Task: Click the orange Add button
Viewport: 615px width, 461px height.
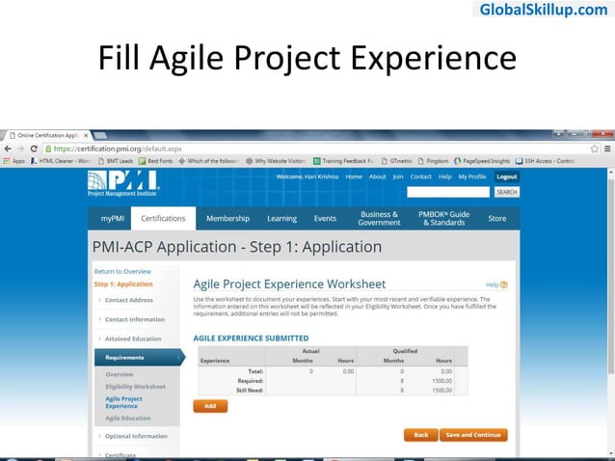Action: pos(210,406)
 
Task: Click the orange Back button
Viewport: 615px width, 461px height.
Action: pos(420,435)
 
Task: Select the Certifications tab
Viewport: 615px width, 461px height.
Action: pos(163,219)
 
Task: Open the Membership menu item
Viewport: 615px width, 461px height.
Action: pos(227,219)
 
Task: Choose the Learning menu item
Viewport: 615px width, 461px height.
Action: pos(281,219)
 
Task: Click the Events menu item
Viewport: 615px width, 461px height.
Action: pos(325,219)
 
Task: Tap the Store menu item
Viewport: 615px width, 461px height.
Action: pos(496,219)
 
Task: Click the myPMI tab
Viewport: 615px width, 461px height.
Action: pos(111,219)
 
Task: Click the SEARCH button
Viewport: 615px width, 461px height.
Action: pos(506,192)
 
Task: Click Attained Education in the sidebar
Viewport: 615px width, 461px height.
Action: pos(133,339)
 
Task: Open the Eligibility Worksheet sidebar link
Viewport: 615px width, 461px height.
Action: pos(135,387)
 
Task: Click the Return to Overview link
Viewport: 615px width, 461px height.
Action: pos(122,271)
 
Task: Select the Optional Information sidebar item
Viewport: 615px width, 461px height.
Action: pos(135,436)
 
